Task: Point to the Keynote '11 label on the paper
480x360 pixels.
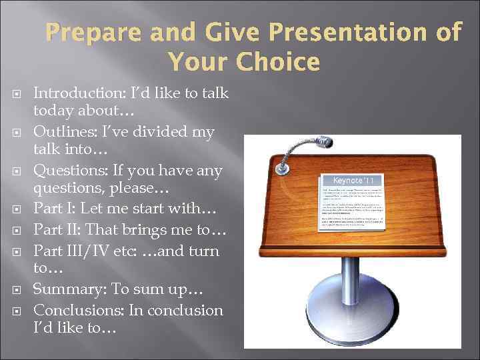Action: [x=345, y=181]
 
